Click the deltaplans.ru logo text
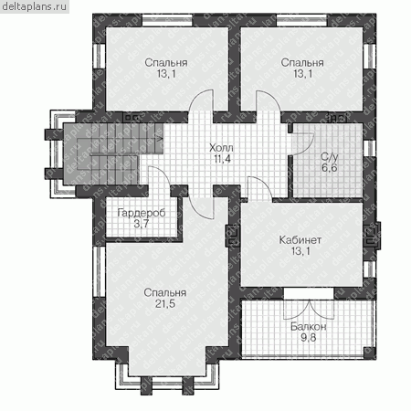click(x=34, y=6)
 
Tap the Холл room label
click(x=221, y=148)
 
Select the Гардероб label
click(x=142, y=213)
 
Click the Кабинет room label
click(x=300, y=240)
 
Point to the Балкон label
click(x=309, y=327)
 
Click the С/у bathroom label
click(x=330, y=157)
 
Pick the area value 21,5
click(x=165, y=304)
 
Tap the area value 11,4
click(x=222, y=159)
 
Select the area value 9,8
click(x=309, y=337)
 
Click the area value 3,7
click(x=142, y=224)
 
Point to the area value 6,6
click(x=330, y=168)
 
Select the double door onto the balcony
click(x=309, y=309)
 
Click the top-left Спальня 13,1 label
click(x=166, y=68)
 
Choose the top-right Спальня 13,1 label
click(x=302, y=68)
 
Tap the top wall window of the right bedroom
click(x=301, y=20)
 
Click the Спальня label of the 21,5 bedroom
click(x=165, y=292)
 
